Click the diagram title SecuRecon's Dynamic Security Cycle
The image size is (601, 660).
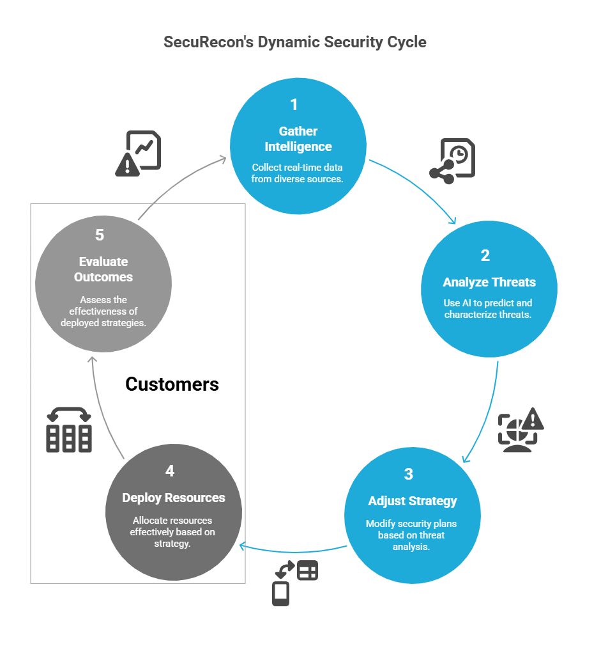click(x=294, y=42)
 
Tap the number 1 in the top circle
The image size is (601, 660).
click(x=294, y=105)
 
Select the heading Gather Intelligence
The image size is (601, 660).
click(x=298, y=139)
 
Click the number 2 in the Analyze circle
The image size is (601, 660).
click(x=485, y=256)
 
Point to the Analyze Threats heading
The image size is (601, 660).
click(x=489, y=282)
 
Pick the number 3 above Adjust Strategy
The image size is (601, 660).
click(x=408, y=474)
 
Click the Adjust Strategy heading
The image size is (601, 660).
click(x=413, y=500)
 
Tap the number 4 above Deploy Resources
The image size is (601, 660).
click(x=170, y=471)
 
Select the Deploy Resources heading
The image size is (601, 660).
click(x=174, y=498)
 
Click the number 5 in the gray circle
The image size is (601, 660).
click(x=100, y=235)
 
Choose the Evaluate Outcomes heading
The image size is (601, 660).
click(x=103, y=269)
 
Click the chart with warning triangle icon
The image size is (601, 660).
click(x=138, y=153)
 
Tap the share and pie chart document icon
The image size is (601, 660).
click(x=452, y=161)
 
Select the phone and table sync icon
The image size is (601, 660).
click(x=294, y=583)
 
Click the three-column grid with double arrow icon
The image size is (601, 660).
click(x=69, y=430)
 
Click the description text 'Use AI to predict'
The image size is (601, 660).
click(x=488, y=303)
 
